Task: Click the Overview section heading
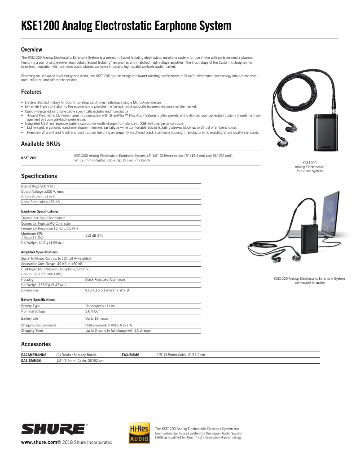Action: (31, 49)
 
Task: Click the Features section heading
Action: (31, 92)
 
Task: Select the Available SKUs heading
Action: (40, 143)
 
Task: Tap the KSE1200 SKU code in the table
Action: (29, 158)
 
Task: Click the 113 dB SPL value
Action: (94, 235)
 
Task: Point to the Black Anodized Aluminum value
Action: (105, 279)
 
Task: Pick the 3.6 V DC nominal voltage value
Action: (92, 311)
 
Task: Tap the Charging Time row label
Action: (32, 330)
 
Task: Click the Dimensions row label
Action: (30, 290)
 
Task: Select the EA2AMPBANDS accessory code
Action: (34, 355)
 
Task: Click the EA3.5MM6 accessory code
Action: (131, 355)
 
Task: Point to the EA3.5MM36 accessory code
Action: (31, 360)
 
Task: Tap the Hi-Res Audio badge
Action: (139, 432)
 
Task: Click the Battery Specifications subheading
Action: (38, 299)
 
